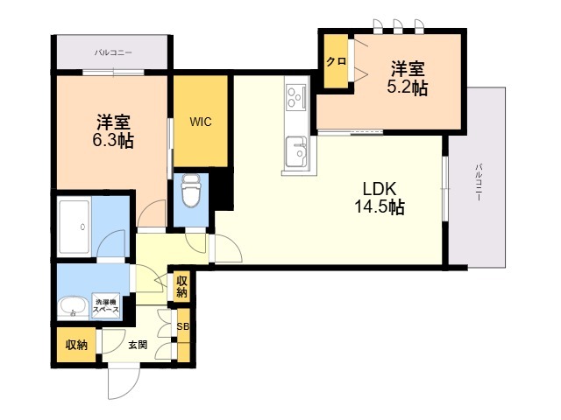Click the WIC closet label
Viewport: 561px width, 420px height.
201,122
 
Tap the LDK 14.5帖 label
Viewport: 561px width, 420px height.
380,198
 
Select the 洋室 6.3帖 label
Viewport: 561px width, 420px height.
113,131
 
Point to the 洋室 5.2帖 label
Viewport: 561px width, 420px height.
408,78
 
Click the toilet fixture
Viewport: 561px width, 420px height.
191,191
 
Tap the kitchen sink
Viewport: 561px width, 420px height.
296,151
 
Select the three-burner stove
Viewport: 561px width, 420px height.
296,97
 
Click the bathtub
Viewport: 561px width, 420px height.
74,227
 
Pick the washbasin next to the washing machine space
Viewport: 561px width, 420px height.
73,307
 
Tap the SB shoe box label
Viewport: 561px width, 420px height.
183,326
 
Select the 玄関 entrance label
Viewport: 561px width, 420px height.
138,345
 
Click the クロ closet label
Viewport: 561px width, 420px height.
336,61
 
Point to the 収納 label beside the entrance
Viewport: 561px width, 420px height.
76,345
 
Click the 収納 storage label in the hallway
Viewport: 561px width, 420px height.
181,286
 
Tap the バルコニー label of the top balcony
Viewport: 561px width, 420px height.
113,52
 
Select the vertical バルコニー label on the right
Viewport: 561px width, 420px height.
479,182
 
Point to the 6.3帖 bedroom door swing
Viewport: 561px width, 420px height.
152,213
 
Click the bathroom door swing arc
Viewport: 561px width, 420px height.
111,243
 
